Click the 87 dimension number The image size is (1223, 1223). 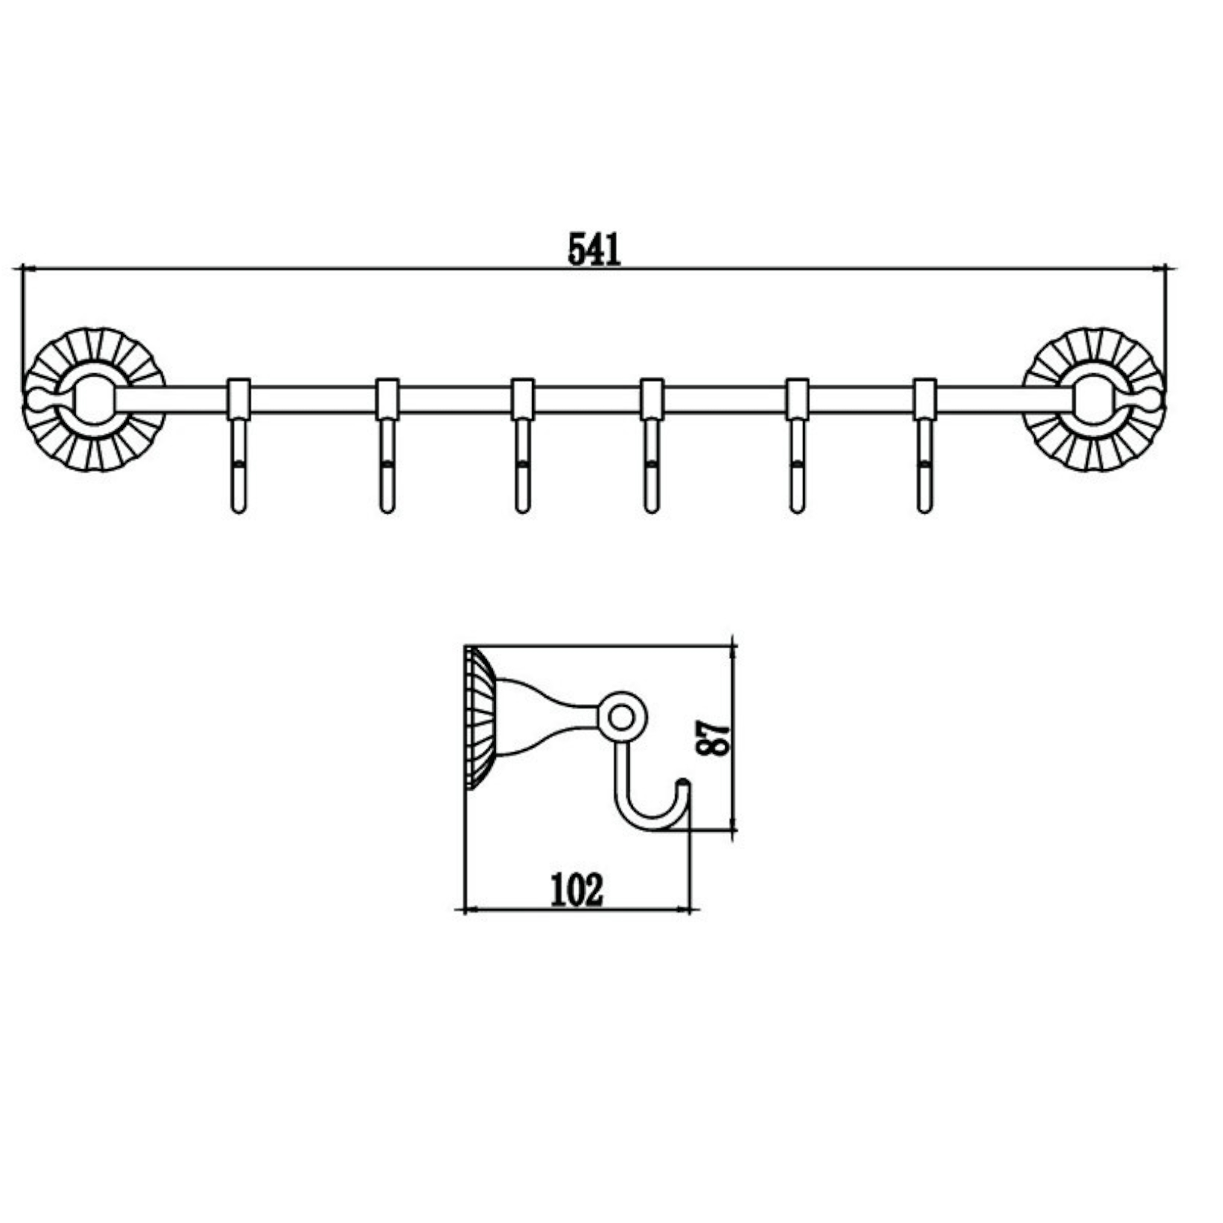pyautogui.click(x=713, y=737)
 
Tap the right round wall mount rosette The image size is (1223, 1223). pyautogui.click(x=1095, y=399)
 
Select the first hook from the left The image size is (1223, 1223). pyautogui.click(x=238, y=468)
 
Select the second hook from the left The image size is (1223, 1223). pyautogui.click(x=387, y=468)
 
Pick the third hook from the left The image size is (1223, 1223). pyautogui.click(x=522, y=468)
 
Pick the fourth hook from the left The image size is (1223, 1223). pyautogui.click(x=651, y=468)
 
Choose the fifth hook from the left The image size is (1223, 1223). pyautogui.click(x=797, y=468)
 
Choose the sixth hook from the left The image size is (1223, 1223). pyautogui.click(x=924, y=468)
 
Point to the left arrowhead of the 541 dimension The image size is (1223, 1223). pyautogui.click(x=26, y=268)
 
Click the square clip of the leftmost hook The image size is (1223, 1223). pyautogui.click(x=238, y=399)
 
